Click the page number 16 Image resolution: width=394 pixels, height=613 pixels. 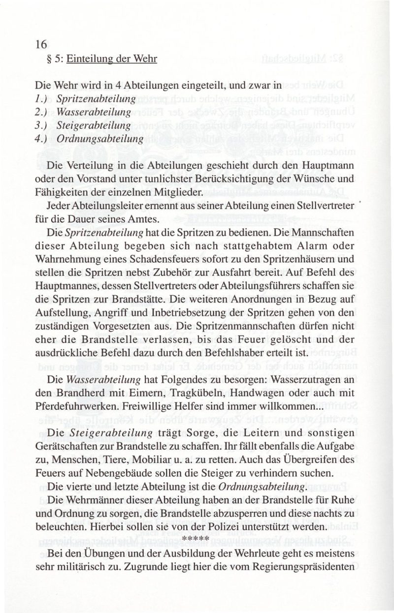click(41, 44)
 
